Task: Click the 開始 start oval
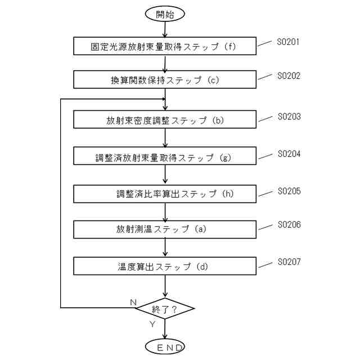click(165, 14)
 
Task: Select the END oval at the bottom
click(165, 347)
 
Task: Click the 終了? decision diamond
click(165, 308)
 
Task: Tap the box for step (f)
click(165, 47)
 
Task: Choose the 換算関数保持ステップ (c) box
click(165, 80)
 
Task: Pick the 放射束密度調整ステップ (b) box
click(165, 120)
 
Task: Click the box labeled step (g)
click(165, 157)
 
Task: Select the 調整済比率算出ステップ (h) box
click(165, 194)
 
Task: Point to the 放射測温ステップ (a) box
click(165, 229)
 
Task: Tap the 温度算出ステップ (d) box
click(165, 266)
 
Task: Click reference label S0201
click(289, 42)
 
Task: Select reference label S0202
click(289, 75)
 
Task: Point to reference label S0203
click(289, 116)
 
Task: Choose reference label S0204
click(289, 154)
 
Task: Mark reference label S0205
click(289, 191)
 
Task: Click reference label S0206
click(289, 224)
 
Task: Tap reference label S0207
click(289, 262)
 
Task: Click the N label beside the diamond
click(133, 303)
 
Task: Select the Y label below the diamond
click(152, 325)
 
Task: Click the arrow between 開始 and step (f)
click(165, 30)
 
